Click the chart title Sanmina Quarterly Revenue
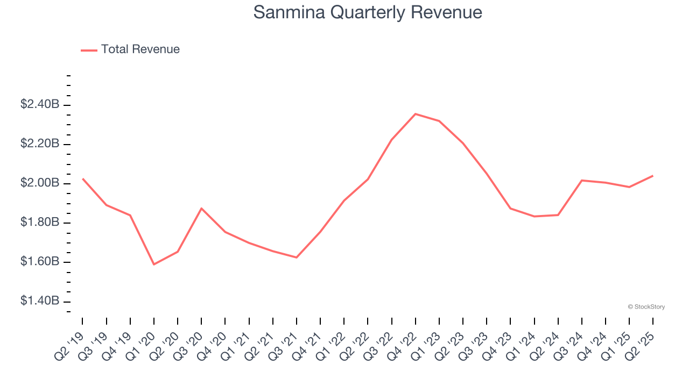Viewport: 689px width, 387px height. click(x=368, y=12)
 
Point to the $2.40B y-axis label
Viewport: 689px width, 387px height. click(x=40, y=105)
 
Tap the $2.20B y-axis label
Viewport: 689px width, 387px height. click(x=40, y=144)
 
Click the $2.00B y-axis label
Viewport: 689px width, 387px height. click(x=40, y=183)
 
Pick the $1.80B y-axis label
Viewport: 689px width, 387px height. click(x=40, y=223)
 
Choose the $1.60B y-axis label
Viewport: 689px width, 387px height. click(x=40, y=262)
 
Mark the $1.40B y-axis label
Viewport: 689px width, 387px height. click(x=40, y=301)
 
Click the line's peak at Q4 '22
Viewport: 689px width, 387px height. click(x=416, y=114)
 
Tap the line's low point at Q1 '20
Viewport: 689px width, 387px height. click(x=154, y=264)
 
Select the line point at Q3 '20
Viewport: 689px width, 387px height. click(x=201, y=208)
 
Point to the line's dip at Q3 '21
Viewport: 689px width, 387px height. click(x=297, y=257)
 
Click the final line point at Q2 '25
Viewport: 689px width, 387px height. click(x=653, y=176)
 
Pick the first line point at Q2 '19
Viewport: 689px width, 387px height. click(x=83, y=178)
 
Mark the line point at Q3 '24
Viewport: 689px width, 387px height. click(x=582, y=180)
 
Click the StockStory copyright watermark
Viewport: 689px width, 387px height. click(x=646, y=307)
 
